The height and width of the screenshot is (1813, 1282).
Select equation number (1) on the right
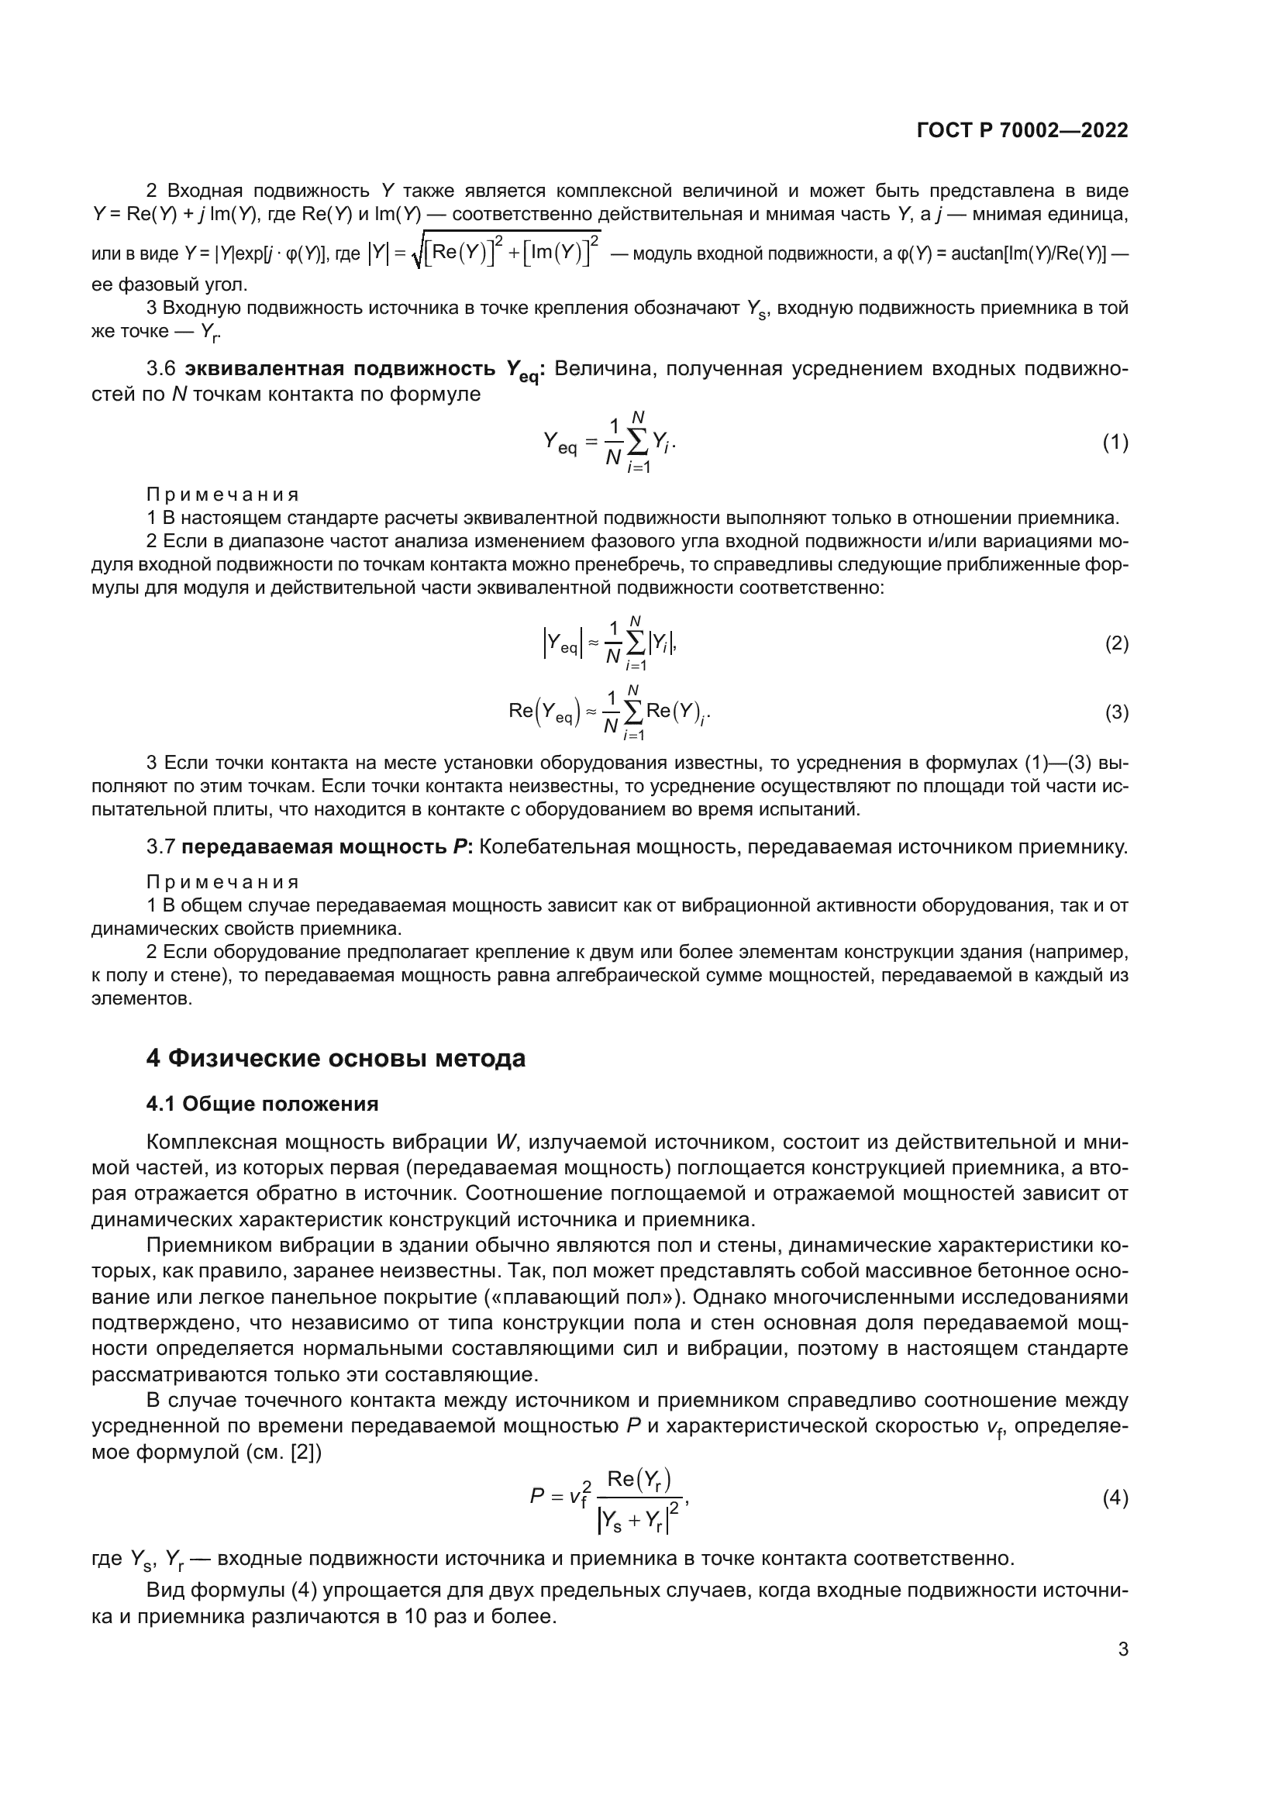click(1115, 443)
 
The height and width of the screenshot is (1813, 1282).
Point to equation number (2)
click(1116, 643)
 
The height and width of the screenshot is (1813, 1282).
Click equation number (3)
click(1116, 713)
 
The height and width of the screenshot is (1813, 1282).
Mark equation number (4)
click(1115, 1498)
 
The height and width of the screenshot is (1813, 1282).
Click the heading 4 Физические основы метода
click(336, 1058)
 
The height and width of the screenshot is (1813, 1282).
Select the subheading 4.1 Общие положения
click(262, 1104)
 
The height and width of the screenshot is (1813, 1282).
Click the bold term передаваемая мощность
click(313, 847)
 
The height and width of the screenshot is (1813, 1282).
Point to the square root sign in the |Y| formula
click(418, 253)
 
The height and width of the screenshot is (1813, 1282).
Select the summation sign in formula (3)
click(632, 713)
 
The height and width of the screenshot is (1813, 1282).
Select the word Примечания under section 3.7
click(222, 882)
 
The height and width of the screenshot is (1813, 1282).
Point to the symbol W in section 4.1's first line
click(506, 1143)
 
